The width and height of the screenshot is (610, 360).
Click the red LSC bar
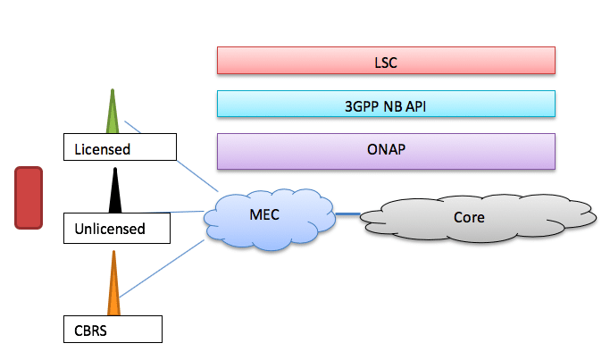coord(386,60)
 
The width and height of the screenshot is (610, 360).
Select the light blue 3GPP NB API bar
coord(386,104)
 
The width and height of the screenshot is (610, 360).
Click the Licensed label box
coord(121,147)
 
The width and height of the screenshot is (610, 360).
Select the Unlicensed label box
coord(117,228)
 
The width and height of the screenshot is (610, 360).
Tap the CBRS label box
coord(113,329)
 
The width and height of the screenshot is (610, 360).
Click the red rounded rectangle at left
coord(29,197)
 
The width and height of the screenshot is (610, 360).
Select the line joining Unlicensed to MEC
coord(188,213)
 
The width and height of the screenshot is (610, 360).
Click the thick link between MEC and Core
coord(348,213)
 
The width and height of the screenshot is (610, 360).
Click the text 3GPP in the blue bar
coord(362,105)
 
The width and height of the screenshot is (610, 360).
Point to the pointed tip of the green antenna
coord(113,90)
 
